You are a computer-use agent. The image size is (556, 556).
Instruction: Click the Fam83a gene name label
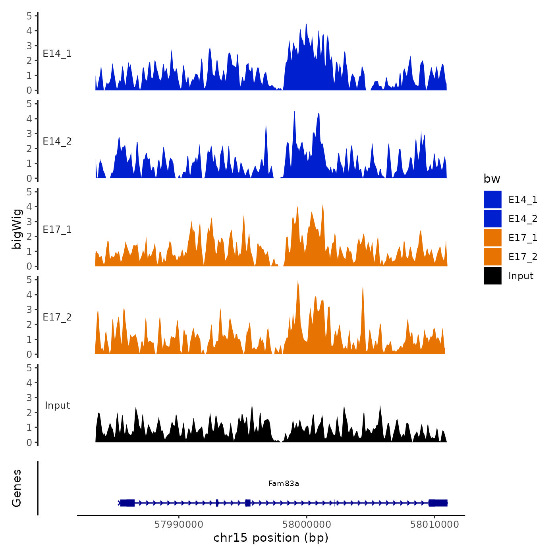[284, 483]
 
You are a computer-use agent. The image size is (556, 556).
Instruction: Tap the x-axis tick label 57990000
[179, 524]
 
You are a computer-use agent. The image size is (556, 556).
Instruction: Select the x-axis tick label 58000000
[306, 524]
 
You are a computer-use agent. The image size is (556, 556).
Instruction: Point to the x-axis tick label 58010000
[434, 524]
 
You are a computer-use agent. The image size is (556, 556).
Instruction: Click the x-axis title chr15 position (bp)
[271, 538]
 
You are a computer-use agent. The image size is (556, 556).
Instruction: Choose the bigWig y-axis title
[17, 229]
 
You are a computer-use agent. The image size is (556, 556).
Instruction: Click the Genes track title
[17, 488]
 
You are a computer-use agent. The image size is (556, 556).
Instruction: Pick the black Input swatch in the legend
[492, 276]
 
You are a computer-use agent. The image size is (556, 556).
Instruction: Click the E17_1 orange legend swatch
[492, 238]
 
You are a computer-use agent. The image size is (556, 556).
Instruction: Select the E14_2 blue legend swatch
[492, 219]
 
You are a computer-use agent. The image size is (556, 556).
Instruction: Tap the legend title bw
[492, 179]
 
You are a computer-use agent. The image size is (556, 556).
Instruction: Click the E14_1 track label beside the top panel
[57, 54]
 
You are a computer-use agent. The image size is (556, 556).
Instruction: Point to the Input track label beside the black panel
[57, 405]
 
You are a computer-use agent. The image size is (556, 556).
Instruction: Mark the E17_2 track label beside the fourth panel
[57, 317]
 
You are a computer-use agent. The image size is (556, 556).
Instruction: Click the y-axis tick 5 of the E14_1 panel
[29, 16]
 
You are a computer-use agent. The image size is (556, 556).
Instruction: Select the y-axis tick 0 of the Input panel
[29, 442]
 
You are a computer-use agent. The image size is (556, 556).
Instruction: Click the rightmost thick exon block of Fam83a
[438, 503]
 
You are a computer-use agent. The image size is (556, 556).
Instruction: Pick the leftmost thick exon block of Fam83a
[127, 503]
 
